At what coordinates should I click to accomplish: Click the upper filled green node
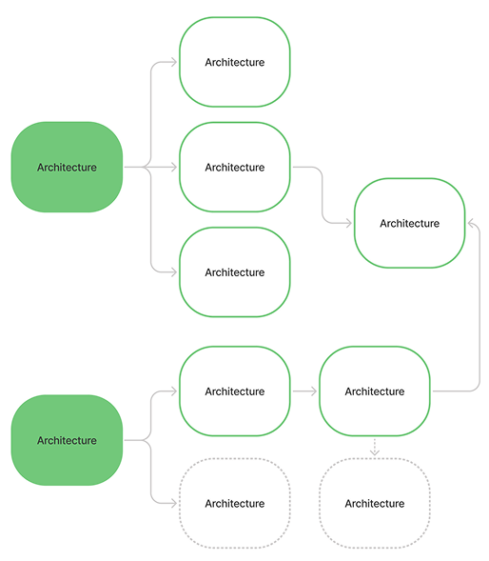(x=67, y=167)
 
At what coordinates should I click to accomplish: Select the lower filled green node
(x=67, y=440)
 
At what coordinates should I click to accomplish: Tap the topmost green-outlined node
(x=235, y=62)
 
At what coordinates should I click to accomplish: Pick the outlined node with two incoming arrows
(x=410, y=223)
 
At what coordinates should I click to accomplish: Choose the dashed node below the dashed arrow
(x=375, y=503)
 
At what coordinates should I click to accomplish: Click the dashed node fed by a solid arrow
(x=235, y=503)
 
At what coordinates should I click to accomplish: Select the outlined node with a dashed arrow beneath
(x=375, y=391)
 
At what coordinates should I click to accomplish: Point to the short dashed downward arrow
(x=375, y=447)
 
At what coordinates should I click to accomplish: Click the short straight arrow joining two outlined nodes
(x=304, y=391)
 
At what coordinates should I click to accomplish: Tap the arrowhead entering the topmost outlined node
(x=174, y=62)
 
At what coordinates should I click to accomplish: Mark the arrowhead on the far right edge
(x=472, y=223)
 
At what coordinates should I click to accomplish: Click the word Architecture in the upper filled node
(x=67, y=167)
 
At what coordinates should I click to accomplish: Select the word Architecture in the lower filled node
(x=67, y=440)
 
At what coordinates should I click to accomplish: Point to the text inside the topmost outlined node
(x=235, y=62)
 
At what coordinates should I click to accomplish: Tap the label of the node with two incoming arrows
(x=410, y=223)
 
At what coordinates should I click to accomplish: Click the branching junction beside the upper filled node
(x=147, y=167)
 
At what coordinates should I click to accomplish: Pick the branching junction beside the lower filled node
(x=147, y=440)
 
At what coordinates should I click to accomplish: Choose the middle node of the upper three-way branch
(x=235, y=167)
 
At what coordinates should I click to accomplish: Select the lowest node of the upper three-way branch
(x=235, y=271)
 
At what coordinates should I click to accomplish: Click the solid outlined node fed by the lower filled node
(x=235, y=391)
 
